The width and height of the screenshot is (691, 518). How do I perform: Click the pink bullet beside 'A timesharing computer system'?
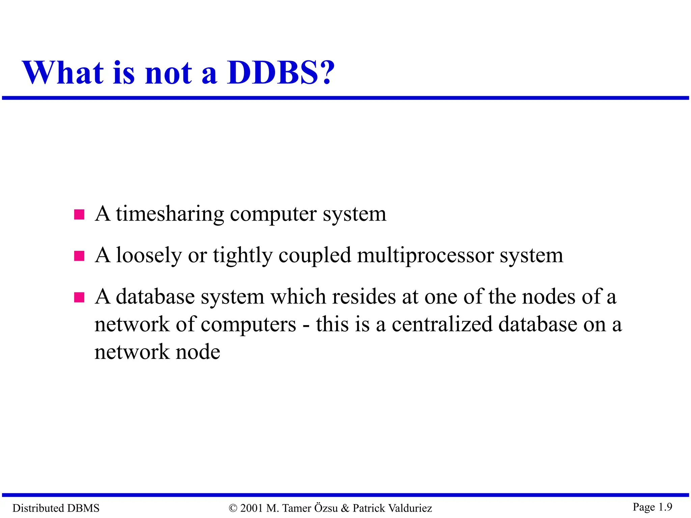click(x=79, y=214)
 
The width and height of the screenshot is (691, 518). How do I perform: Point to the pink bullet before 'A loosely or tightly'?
click(x=79, y=256)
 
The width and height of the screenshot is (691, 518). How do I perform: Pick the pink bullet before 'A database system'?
click(x=79, y=297)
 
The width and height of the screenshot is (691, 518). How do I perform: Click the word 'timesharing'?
click(x=170, y=214)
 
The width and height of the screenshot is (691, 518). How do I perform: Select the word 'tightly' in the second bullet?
click(x=243, y=256)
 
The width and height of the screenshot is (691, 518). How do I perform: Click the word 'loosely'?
click(x=149, y=256)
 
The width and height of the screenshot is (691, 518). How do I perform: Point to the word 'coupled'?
click(x=314, y=256)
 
